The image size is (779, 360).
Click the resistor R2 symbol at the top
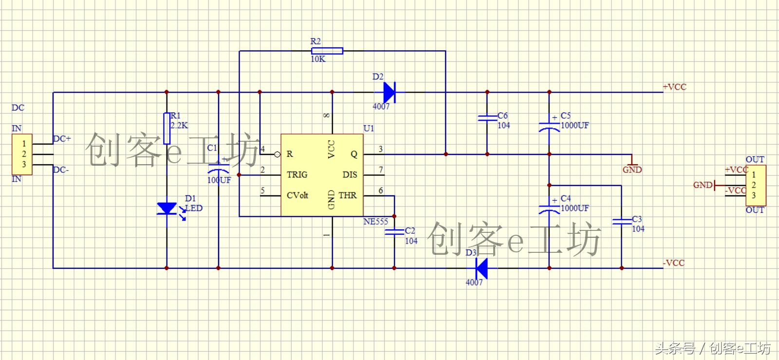click(x=327, y=51)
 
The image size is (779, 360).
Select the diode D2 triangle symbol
click(x=389, y=92)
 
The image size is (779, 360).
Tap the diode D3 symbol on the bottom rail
click(x=481, y=268)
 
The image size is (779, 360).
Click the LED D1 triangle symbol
click(x=167, y=208)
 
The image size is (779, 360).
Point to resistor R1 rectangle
click(x=167, y=128)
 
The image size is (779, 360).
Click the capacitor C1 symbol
click(x=218, y=168)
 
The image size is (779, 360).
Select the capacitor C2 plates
click(x=394, y=232)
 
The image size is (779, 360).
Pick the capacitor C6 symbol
click(x=487, y=118)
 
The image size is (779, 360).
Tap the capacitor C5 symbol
click(x=549, y=126)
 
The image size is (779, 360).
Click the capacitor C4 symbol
click(x=549, y=208)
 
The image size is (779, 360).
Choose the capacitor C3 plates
click(x=622, y=222)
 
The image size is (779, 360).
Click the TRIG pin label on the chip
click(x=297, y=174)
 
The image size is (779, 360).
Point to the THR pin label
click(x=348, y=195)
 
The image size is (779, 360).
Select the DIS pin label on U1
click(x=350, y=174)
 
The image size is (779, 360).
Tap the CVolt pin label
click(x=297, y=195)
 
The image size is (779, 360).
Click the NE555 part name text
click(x=376, y=222)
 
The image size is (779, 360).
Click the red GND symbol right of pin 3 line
click(x=632, y=165)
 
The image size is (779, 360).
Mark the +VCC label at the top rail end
click(x=674, y=87)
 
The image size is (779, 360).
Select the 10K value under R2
click(x=318, y=59)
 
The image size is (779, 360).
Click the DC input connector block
click(x=22, y=154)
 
